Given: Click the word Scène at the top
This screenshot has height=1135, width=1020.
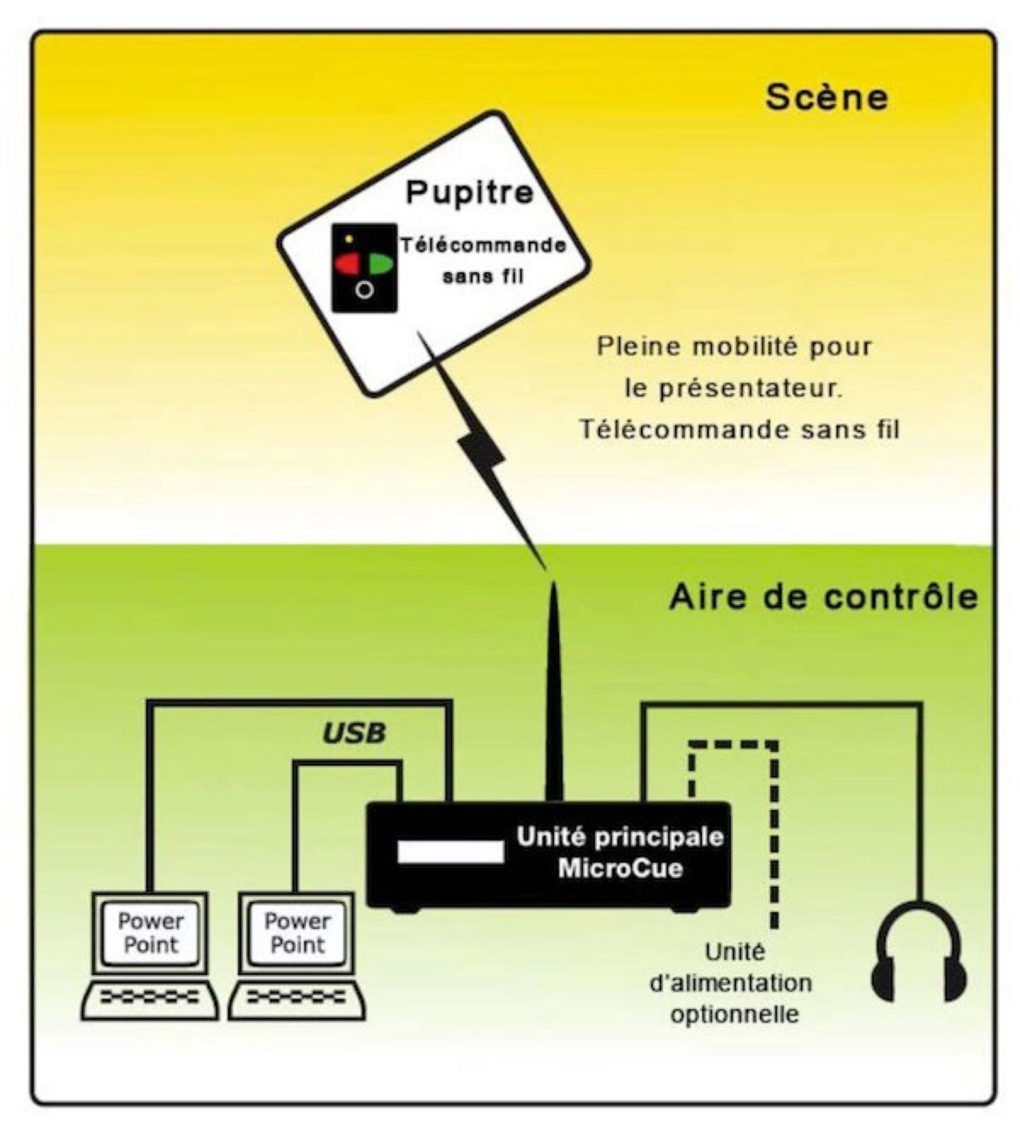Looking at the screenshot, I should [826, 98].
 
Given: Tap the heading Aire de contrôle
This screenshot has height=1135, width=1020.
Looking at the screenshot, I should [823, 597].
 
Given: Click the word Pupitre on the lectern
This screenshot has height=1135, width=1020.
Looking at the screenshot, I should [469, 193].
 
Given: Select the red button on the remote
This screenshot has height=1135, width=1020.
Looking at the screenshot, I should [347, 264].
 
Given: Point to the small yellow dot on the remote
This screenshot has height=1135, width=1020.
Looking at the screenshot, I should [349, 239].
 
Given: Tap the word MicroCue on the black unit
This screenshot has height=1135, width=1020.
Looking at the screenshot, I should [620, 869].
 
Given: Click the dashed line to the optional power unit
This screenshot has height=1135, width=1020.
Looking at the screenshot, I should [774, 828].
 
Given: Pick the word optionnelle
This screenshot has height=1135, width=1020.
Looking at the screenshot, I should [735, 1015].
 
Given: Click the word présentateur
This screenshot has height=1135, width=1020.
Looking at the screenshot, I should [733, 388].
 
